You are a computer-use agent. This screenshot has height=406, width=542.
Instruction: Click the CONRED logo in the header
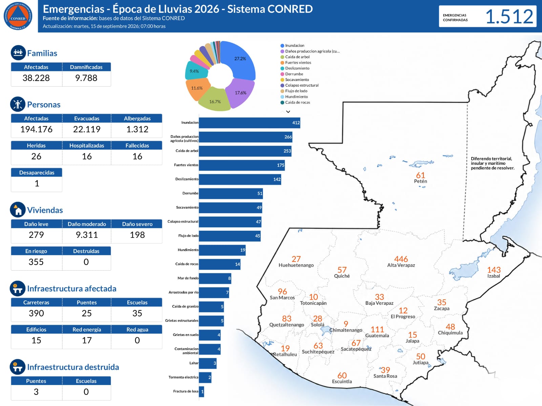tap(18, 16)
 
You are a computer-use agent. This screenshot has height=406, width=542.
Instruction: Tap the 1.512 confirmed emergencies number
tap(509, 17)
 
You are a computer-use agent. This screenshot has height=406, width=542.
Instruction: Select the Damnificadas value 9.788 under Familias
tap(86, 78)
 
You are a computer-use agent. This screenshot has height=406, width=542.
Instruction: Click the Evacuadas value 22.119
tap(87, 130)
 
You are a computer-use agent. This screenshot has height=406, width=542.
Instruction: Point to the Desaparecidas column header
tap(37, 173)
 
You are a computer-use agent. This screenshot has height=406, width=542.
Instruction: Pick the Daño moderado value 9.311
tap(87, 235)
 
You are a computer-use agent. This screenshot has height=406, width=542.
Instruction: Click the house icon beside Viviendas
tap(18, 209)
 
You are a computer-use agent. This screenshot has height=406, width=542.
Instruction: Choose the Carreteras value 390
tap(36, 313)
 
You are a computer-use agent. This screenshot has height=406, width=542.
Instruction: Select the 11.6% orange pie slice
tap(197, 89)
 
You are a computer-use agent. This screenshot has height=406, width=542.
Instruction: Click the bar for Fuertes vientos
tap(242, 165)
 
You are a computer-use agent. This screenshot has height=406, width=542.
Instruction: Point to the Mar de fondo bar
tap(215, 278)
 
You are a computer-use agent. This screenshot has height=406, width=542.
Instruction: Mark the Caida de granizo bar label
tap(185, 307)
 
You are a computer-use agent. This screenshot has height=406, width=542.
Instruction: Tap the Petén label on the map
tap(420, 181)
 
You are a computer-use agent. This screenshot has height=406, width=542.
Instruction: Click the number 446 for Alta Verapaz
tap(401, 259)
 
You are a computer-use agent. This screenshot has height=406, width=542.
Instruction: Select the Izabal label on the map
tap(493, 276)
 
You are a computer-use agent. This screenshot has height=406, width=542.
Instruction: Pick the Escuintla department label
tap(342, 382)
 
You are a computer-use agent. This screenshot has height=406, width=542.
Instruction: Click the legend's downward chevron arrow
tap(288, 112)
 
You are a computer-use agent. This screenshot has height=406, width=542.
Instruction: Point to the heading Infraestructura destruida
tap(73, 367)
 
